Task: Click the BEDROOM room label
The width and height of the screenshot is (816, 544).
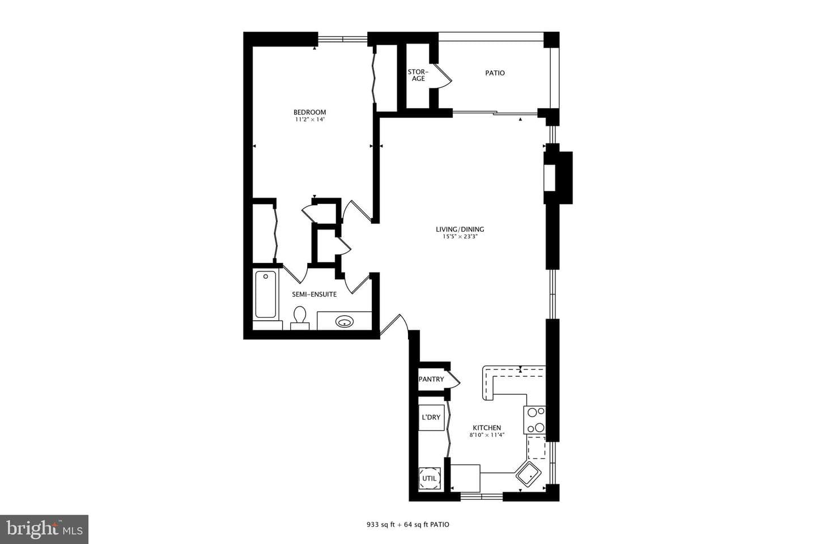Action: [309, 112]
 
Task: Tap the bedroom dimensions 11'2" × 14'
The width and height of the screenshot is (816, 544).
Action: [309, 120]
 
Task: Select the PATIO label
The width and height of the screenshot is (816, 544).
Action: [495, 73]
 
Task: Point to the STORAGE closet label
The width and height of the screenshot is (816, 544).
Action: [418, 75]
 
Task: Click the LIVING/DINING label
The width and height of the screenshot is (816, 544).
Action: [460, 229]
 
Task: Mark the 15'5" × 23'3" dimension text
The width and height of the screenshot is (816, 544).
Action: [460, 236]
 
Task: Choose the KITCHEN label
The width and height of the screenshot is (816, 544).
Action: [487, 427]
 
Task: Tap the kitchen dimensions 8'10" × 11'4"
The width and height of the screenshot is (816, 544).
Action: [487, 435]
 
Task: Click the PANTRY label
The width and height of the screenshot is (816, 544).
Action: [431, 379]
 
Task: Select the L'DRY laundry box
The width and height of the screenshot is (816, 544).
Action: [431, 418]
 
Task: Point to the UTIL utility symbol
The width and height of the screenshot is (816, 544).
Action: [430, 478]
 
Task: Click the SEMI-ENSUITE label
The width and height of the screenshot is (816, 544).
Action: [314, 295]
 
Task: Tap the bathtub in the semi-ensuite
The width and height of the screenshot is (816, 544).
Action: [266, 295]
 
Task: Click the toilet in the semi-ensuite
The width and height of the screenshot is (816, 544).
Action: [300, 318]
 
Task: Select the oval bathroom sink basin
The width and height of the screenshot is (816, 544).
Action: [345, 322]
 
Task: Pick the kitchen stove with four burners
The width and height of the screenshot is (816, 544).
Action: [535, 420]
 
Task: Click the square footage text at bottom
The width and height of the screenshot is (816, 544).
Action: [407, 525]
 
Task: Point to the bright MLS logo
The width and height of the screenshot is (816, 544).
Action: [44, 529]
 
